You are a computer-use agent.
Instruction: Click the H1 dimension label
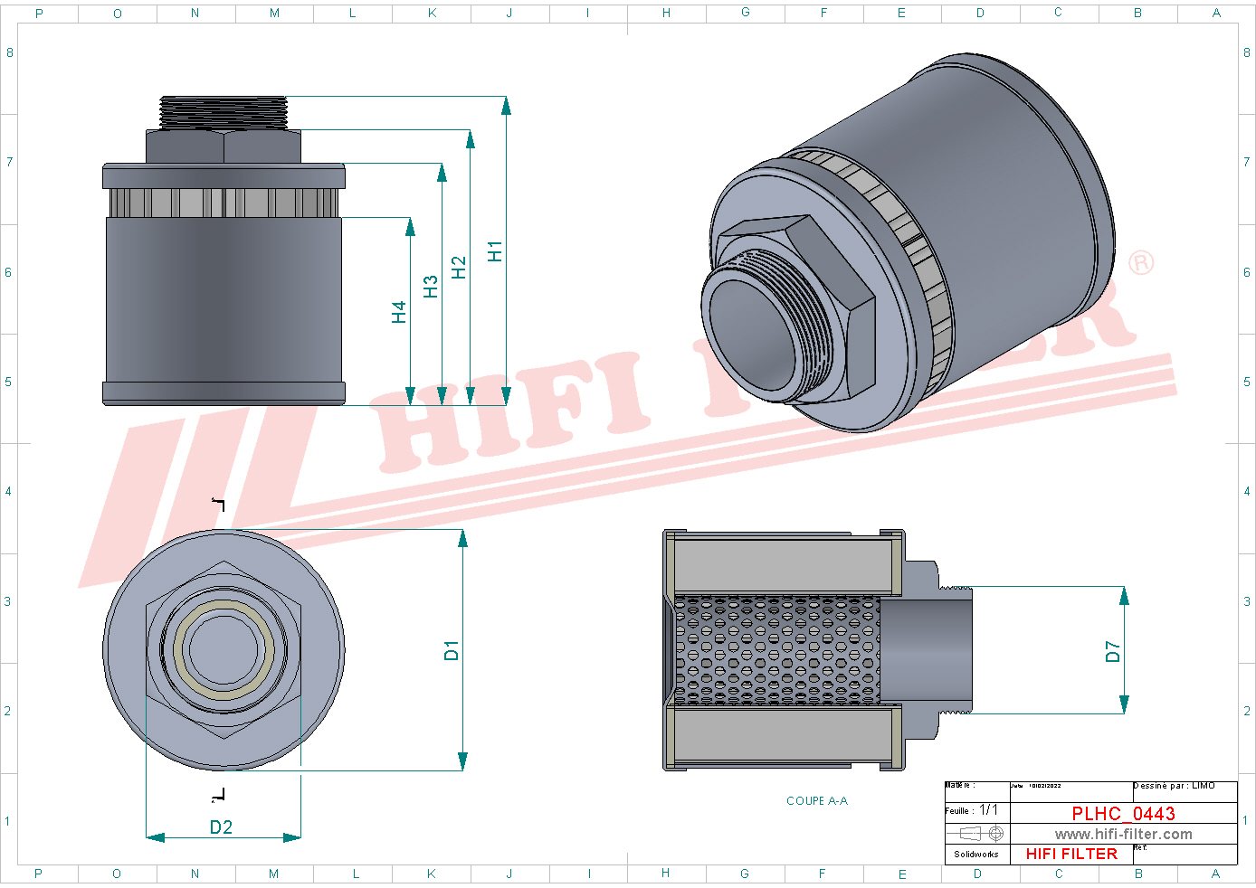click(x=494, y=251)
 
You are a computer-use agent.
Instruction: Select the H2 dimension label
click(x=459, y=268)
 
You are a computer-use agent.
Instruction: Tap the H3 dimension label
click(x=431, y=287)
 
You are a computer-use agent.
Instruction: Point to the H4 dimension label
click(x=399, y=312)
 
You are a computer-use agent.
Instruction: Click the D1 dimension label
click(x=452, y=650)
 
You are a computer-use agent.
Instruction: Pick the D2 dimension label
click(x=221, y=827)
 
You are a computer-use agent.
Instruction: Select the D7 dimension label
click(x=1112, y=651)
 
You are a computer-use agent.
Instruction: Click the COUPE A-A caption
click(x=816, y=801)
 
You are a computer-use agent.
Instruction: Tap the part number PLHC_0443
click(x=1123, y=813)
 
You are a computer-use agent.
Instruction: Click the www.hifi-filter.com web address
click(x=1123, y=834)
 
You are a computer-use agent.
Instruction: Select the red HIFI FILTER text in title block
click(x=1071, y=854)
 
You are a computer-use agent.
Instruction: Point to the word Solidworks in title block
click(x=976, y=854)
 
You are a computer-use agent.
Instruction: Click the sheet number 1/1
click(x=988, y=810)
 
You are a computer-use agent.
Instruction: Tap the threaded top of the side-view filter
click(x=223, y=112)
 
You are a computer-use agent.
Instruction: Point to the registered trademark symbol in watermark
click(x=1140, y=262)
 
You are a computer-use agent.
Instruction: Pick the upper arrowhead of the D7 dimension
click(x=1124, y=597)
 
